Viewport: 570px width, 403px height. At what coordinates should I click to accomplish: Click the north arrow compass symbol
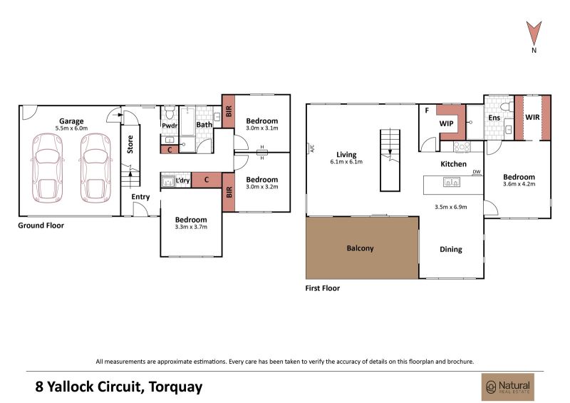(x=534, y=34)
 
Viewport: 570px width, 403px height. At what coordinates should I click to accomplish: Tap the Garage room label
(x=71, y=121)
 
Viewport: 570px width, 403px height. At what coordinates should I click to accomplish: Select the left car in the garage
(x=48, y=168)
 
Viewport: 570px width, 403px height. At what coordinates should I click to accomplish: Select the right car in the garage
(x=95, y=168)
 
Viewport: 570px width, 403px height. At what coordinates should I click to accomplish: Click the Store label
(x=130, y=144)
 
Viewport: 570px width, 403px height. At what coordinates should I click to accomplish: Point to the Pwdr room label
(x=170, y=126)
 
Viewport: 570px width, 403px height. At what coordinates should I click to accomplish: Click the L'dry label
(x=182, y=180)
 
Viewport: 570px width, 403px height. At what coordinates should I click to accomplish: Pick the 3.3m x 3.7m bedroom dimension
(x=191, y=227)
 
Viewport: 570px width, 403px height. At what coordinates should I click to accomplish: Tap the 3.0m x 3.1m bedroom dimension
(x=261, y=128)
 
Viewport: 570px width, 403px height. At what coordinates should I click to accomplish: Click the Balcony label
(x=360, y=248)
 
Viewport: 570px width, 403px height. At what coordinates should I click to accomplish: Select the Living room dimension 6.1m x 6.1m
(x=346, y=162)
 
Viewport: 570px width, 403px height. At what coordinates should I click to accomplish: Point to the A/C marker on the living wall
(x=311, y=148)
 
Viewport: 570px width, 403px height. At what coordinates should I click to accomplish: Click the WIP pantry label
(x=446, y=123)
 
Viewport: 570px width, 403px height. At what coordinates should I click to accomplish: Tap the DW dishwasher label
(x=477, y=172)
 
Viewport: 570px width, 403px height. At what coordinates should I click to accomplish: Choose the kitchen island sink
(x=452, y=182)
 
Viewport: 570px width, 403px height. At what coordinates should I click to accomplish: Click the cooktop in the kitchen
(x=462, y=147)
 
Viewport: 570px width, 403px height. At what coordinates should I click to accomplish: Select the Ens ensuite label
(x=494, y=118)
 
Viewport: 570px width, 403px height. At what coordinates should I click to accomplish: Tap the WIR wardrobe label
(x=532, y=117)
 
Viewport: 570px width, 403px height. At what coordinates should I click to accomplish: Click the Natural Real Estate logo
(x=508, y=387)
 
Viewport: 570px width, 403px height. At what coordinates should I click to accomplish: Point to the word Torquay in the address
(x=176, y=387)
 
